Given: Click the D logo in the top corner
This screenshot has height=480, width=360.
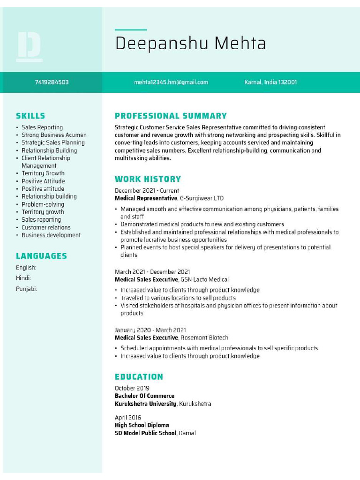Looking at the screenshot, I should (29, 46).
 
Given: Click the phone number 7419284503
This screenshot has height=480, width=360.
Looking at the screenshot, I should (52, 82).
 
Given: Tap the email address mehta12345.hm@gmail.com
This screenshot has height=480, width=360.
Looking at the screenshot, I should (171, 82).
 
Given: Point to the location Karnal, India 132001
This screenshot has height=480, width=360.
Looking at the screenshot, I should (270, 82).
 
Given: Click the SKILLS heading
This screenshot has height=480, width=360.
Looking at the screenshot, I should (30, 116).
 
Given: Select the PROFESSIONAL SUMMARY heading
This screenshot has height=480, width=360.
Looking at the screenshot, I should (171, 116).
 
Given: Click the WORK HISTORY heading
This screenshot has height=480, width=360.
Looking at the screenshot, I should (148, 179).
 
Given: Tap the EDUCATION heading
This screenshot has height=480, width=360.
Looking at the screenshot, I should (139, 376).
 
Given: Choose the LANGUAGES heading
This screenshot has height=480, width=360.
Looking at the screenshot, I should (41, 256).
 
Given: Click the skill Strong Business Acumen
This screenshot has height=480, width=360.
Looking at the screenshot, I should (54, 135).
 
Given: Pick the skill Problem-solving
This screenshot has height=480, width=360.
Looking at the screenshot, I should (43, 204).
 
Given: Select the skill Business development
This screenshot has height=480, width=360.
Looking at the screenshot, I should (51, 235).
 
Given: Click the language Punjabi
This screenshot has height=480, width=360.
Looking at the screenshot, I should (26, 289).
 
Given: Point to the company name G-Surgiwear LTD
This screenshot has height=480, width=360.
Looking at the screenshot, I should (202, 198).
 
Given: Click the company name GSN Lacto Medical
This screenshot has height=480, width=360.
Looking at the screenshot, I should (204, 279).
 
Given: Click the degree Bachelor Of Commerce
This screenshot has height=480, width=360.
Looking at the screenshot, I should (144, 396).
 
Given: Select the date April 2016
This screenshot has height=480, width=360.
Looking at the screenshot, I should (128, 418).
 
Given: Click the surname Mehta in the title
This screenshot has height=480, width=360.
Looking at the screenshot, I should (240, 43).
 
